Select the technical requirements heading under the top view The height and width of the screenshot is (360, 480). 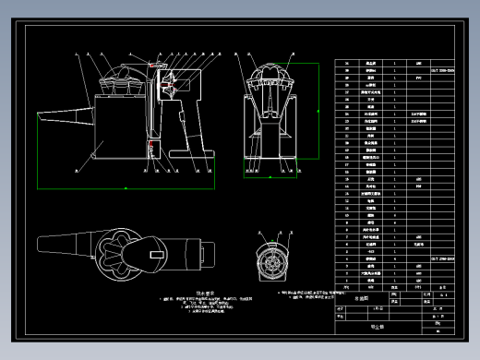[116, 289]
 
